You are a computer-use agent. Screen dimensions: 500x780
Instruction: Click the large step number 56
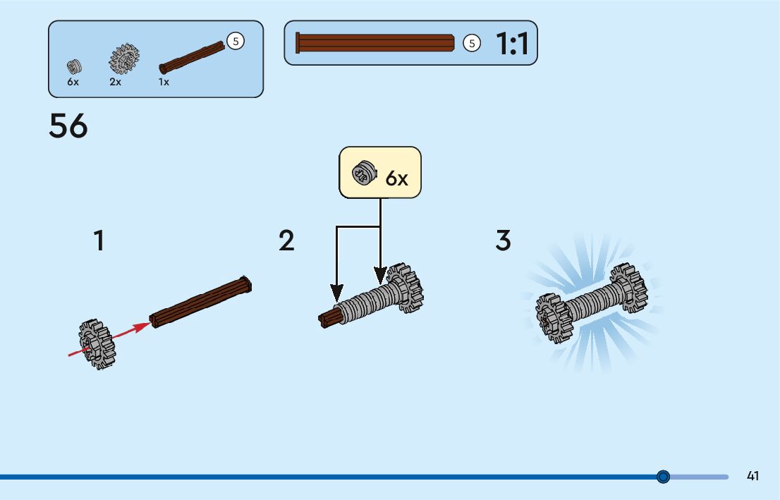click(68, 127)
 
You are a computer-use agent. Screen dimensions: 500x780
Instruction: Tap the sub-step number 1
click(99, 241)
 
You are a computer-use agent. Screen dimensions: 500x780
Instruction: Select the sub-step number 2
click(286, 241)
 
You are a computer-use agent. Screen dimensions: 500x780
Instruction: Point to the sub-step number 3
click(503, 241)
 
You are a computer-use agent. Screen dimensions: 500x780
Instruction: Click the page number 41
click(752, 476)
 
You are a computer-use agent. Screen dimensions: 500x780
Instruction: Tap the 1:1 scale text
click(512, 44)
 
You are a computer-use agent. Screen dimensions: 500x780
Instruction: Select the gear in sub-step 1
click(97, 344)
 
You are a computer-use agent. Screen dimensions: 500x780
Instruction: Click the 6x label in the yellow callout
click(396, 178)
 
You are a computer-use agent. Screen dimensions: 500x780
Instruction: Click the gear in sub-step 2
click(403, 288)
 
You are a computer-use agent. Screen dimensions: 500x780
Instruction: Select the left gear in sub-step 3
click(554, 318)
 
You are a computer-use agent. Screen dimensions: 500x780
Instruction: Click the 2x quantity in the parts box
click(115, 82)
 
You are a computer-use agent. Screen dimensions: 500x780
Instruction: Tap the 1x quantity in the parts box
click(164, 82)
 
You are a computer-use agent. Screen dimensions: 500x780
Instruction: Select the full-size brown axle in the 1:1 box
click(375, 43)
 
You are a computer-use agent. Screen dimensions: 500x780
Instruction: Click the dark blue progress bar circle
click(663, 477)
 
